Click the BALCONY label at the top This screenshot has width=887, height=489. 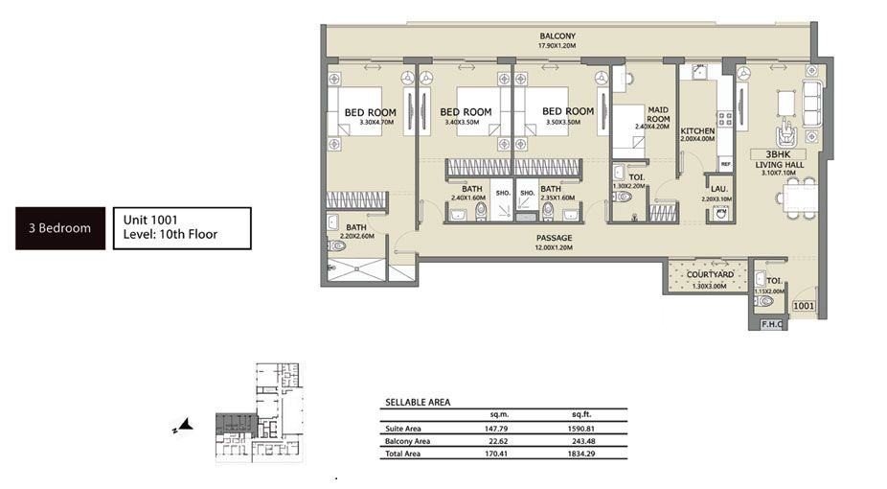click(x=557, y=36)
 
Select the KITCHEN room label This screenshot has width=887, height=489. click(x=698, y=131)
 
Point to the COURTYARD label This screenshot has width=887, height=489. click(x=710, y=275)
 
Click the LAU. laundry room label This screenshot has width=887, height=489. click(x=716, y=190)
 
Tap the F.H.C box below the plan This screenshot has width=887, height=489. click(x=771, y=324)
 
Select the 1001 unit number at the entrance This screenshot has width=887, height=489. click(x=803, y=306)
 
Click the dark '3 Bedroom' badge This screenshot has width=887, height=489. click(x=59, y=228)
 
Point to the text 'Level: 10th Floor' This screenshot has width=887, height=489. click(x=171, y=234)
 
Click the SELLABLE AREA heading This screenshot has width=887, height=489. click(x=418, y=403)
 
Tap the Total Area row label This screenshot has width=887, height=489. click(x=404, y=454)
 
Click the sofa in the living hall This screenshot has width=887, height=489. click(x=812, y=96)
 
